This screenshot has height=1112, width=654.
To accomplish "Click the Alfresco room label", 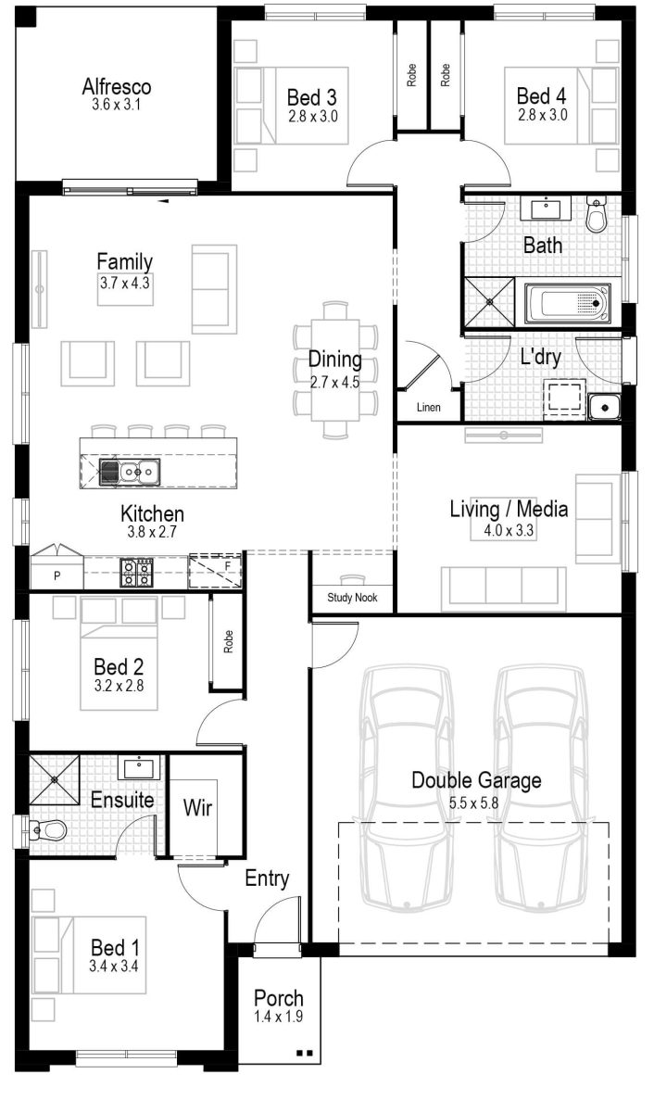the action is click(117, 86).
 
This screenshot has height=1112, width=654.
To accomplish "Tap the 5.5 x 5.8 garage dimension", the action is click(473, 802).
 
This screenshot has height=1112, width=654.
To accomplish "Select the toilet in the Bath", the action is click(596, 214).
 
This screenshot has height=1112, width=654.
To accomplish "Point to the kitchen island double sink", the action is click(130, 471).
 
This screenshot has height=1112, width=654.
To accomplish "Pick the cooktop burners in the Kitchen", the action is click(136, 572).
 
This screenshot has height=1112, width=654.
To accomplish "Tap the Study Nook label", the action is click(352, 597).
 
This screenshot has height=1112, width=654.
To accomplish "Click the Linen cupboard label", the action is click(428, 407).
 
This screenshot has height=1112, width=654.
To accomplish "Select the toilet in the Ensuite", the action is click(46, 830).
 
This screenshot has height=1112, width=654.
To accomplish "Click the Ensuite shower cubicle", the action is click(54, 779).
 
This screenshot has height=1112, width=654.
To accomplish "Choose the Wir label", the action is click(197, 808).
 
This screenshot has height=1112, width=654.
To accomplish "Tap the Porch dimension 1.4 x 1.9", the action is click(279, 1017).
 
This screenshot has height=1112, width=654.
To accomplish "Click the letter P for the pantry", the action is click(57, 575).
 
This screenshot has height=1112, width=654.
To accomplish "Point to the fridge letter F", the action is click(228, 566).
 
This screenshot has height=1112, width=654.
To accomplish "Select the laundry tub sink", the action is click(604, 407).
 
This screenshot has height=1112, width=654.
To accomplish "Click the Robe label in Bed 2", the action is click(228, 641).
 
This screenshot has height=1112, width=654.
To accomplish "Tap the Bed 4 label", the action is click(541, 95).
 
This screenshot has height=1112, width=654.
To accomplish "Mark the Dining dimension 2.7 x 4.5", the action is click(335, 382).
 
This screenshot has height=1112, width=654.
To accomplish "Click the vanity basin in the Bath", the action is click(546, 208).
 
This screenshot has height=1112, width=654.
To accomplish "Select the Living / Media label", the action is click(509, 509).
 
